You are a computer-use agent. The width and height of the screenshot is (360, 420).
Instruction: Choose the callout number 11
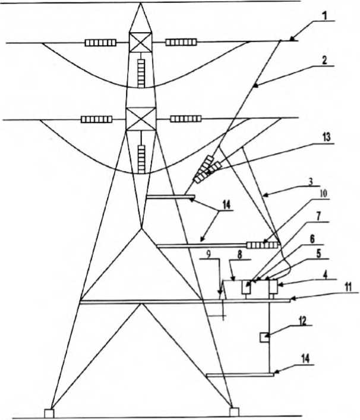coord(348,287)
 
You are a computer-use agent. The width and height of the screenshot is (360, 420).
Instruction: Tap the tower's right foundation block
coord(235,411)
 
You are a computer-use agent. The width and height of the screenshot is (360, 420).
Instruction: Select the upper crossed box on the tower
coord(141,43)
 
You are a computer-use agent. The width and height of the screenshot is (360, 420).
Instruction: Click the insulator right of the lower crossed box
coord(185,119)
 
